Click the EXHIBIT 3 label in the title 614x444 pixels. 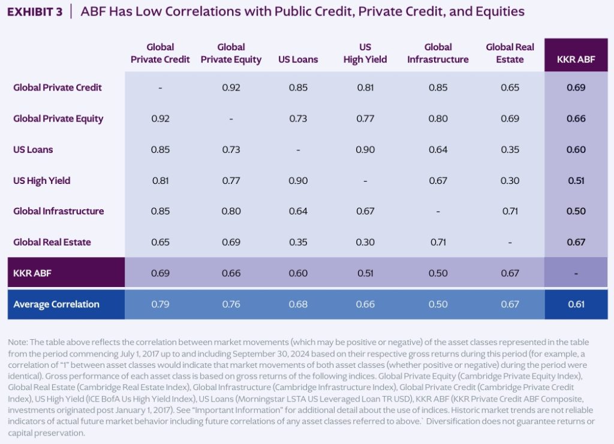click(x=35, y=11)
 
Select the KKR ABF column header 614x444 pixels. click(x=576, y=59)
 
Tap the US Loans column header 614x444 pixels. click(x=298, y=59)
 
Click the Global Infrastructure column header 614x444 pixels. click(x=438, y=53)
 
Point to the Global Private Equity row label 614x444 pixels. click(x=58, y=119)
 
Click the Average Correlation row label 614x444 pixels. click(x=56, y=304)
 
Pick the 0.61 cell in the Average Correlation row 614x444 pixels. click(x=576, y=304)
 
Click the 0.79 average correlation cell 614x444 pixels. click(x=160, y=304)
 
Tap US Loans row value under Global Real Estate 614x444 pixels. click(x=510, y=150)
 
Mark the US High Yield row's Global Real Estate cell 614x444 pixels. click(x=510, y=180)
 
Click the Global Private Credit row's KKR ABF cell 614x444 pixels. click(x=576, y=87)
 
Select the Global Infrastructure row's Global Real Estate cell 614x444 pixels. click(x=510, y=212)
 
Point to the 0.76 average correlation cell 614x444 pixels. click(x=231, y=304)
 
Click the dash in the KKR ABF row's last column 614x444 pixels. click(x=576, y=274)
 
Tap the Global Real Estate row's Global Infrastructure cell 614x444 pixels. click(x=438, y=243)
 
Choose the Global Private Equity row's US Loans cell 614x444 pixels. click(x=298, y=119)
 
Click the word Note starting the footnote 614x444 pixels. click(x=17, y=342)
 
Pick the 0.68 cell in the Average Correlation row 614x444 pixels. click(x=298, y=304)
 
